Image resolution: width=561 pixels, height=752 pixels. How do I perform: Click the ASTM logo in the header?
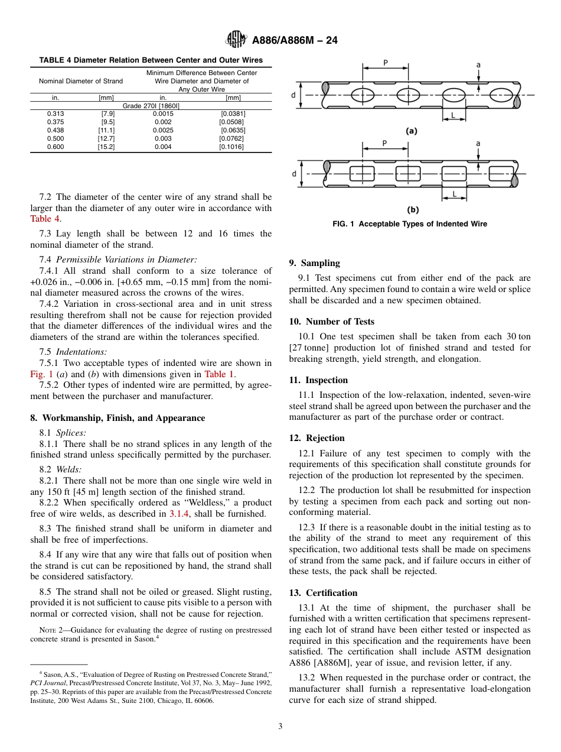click(236, 40)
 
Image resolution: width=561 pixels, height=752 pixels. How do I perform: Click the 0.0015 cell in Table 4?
click(163, 114)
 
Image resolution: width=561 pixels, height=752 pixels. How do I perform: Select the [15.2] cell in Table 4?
click(106, 147)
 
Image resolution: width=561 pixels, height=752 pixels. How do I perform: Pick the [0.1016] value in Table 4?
click(232, 147)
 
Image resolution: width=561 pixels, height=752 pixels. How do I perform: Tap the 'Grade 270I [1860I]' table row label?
click(151, 105)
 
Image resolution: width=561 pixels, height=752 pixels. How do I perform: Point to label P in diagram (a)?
click(386, 62)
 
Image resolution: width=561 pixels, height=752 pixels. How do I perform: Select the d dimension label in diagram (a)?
click(293, 94)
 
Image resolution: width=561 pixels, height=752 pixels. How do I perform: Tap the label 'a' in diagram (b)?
click(478, 143)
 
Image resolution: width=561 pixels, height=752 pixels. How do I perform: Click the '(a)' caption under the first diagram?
click(412, 131)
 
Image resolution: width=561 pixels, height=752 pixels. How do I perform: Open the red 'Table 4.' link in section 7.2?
click(45, 218)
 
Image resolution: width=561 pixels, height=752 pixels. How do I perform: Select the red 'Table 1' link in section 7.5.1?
click(219, 374)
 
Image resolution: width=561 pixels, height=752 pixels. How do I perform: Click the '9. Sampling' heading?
click(314, 263)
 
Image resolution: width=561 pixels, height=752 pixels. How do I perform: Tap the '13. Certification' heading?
click(323, 593)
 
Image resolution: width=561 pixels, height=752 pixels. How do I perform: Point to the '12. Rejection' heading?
click(317, 438)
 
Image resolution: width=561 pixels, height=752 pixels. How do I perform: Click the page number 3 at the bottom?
click(280, 727)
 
